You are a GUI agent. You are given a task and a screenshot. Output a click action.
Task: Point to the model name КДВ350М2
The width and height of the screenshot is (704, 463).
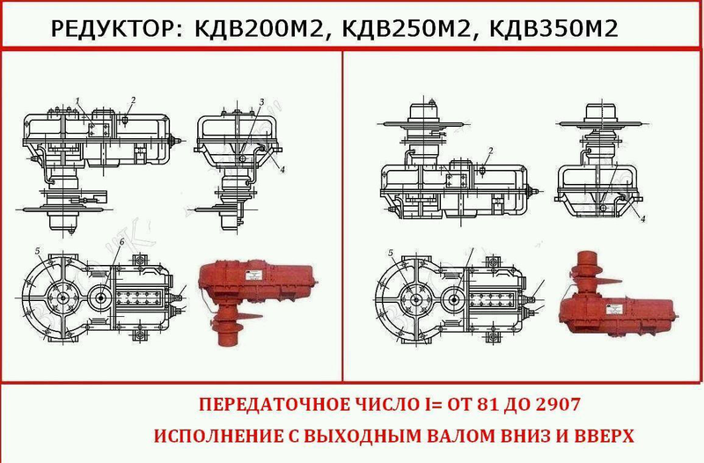pyautogui.click(x=554, y=29)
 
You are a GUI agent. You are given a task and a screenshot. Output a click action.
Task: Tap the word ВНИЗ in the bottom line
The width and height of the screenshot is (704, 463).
pyautogui.click(x=517, y=436)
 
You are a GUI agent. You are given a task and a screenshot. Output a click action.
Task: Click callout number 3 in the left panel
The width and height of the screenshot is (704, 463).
pyautogui.click(x=261, y=102)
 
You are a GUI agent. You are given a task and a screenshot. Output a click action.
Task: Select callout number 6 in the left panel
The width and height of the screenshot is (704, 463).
pyautogui.click(x=121, y=242)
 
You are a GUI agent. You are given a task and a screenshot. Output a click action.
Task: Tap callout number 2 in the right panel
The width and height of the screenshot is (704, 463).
pyautogui.click(x=491, y=151)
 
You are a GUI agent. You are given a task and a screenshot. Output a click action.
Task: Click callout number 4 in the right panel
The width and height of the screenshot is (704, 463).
pyautogui.click(x=643, y=219)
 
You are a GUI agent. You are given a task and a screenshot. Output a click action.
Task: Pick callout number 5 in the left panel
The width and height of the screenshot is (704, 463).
pyautogui.click(x=38, y=251)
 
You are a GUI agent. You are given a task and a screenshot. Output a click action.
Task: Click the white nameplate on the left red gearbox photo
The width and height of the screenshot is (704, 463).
pyautogui.click(x=252, y=275)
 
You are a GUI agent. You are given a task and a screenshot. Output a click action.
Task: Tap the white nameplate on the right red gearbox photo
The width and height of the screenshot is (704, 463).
pyautogui.click(x=613, y=310)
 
